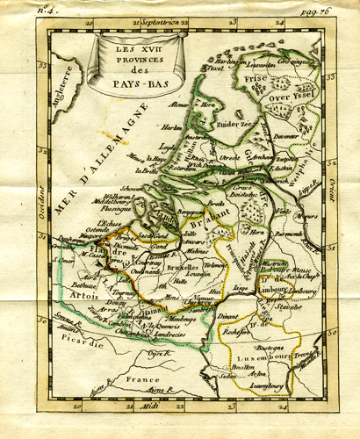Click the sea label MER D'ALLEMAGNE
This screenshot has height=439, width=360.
click(85, 163)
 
